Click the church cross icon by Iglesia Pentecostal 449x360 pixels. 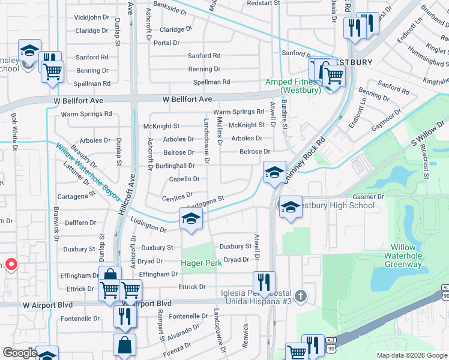coord(301,296)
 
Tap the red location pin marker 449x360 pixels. coord(10,264)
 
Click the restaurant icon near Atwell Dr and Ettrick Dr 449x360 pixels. coord(264,281)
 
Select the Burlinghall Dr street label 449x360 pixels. coord(175,166)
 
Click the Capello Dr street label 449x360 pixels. coord(184,179)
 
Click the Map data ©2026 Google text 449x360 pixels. coord(411,355)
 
